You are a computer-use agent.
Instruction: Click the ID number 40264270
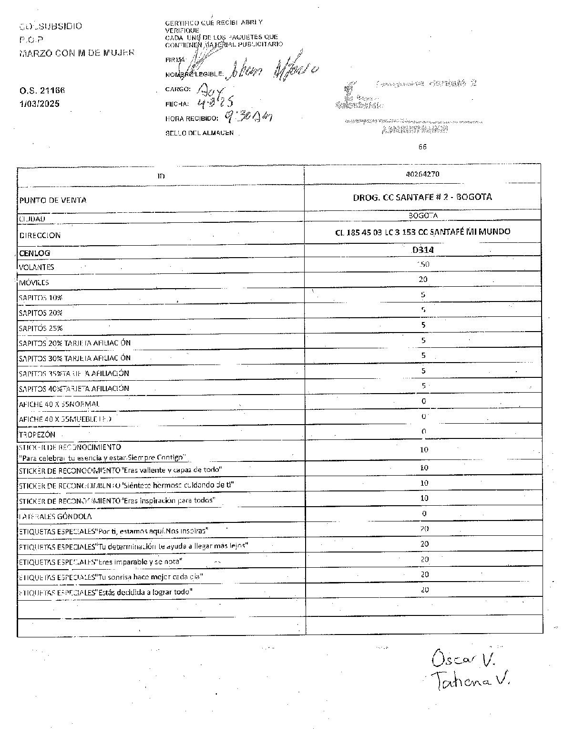(422, 174)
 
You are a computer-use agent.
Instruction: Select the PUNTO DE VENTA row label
(53, 200)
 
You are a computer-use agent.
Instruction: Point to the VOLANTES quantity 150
(423, 264)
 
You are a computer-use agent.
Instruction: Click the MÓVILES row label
(34, 282)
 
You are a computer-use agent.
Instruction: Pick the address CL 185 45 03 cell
(422, 232)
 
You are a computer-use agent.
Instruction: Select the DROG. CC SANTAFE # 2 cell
(422, 197)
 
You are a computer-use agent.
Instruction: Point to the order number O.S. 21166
(42, 91)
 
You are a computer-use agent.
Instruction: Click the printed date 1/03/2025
(40, 104)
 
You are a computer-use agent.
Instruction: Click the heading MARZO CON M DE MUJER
(77, 53)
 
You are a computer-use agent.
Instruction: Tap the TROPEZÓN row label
(37, 435)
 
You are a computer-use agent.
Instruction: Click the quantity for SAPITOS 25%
(423, 325)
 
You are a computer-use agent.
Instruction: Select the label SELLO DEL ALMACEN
(199, 133)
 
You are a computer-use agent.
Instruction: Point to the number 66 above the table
(422, 147)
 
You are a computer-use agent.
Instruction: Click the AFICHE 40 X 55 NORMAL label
(59, 404)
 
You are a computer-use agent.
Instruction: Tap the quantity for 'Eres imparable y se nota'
(424, 559)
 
